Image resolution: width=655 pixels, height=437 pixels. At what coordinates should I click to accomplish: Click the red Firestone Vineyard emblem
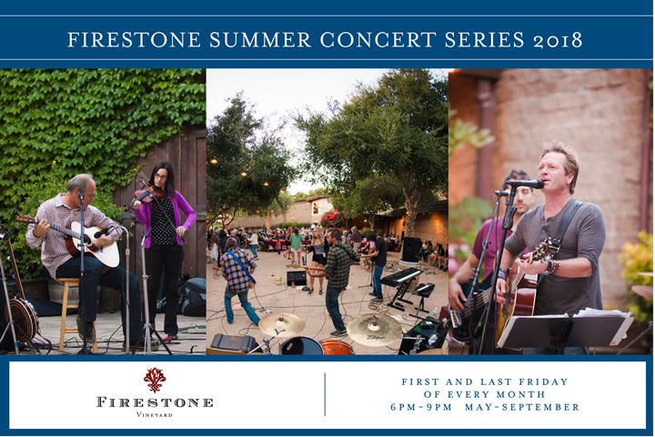tap(155, 379)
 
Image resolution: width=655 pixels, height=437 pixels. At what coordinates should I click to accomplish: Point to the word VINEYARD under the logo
tap(155, 414)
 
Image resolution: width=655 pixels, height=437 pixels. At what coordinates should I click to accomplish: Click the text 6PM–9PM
tap(426, 407)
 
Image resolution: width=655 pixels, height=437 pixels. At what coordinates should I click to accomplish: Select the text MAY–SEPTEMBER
tap(529, 407)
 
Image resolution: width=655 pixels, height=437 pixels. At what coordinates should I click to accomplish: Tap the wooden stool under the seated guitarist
tap(69, 310)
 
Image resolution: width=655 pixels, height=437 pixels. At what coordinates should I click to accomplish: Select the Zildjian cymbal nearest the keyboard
tap(374, 329)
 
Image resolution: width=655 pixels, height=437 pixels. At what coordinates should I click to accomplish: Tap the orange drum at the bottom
tap(338, 347)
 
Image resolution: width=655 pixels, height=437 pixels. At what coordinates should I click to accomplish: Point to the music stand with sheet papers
tap(564, 329)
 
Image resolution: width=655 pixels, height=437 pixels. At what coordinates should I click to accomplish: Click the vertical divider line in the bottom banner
tap(325, 394)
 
